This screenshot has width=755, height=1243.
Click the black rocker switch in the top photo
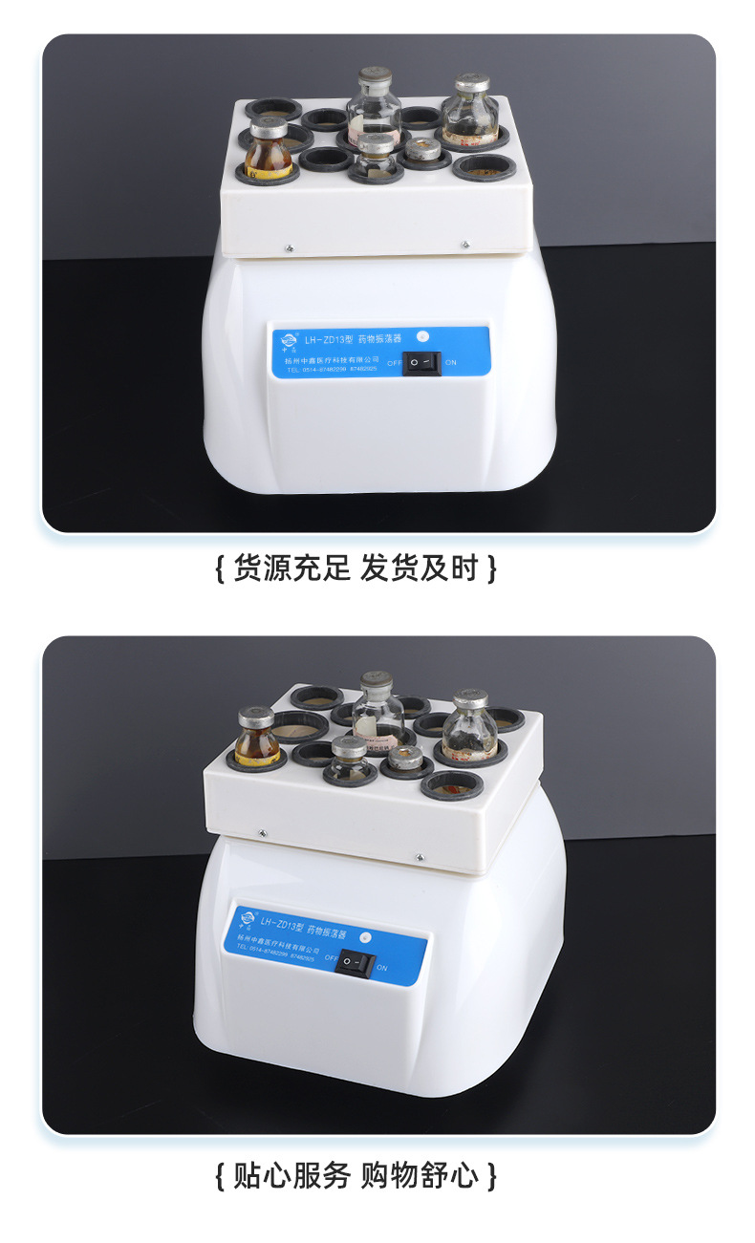coord(421,363)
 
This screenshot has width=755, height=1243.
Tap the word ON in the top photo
coord(451,363)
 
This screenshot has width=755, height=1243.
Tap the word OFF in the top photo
coord(394,363)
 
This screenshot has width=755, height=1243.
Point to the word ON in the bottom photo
coord(382,968)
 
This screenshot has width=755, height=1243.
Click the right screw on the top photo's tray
coord(464,245)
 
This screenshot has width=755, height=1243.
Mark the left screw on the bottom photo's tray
coord(262,832)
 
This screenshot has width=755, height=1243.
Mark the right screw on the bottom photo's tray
coord(418,856)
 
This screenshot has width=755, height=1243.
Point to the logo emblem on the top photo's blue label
coord(287,338)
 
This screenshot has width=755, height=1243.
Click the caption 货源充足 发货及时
coord(356,568)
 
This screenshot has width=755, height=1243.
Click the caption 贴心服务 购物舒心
coord(356,1174)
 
